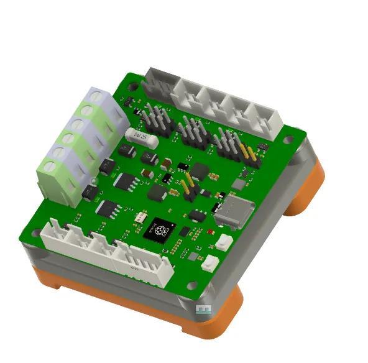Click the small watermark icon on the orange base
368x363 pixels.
204,308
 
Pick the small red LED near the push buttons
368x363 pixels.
211,231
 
